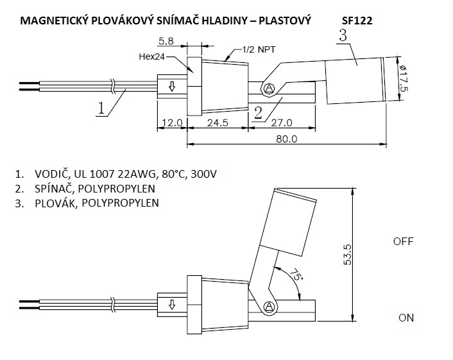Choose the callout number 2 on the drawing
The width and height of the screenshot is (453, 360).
click(257, 113)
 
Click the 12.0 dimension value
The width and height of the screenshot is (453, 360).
click(171, 122)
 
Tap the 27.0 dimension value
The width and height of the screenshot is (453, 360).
click(282, 122)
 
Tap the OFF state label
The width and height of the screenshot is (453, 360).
click(402, 242)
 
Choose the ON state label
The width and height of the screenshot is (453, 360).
click(406, 318)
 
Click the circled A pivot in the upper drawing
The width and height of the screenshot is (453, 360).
click(269, 88)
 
